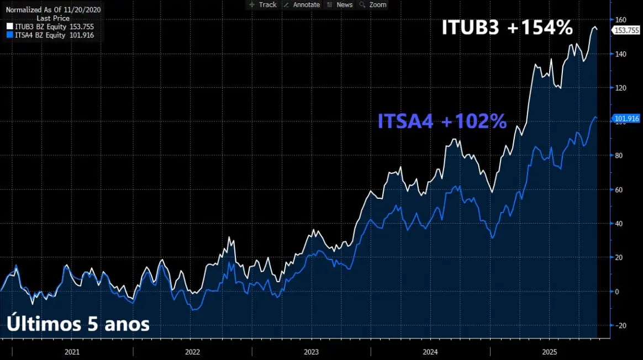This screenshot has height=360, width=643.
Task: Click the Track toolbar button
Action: pos(263,4)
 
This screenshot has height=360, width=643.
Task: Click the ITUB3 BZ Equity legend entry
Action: pos(50,26)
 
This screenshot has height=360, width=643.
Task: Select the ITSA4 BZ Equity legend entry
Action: pos(50,35)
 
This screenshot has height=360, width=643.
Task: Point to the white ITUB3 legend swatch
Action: pos(9,26)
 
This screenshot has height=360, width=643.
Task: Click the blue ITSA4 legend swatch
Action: pos(9,35)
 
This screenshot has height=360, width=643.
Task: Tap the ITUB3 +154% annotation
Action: pos(507,28)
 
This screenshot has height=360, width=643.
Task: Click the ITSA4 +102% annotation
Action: pos(442,121)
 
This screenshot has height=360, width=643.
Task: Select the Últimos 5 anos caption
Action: pos(78,324)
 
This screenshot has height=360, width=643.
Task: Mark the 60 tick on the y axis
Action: pos(619,190)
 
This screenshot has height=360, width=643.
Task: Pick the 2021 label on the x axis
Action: pos(72,352)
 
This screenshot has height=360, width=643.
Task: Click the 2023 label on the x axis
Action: pos(311,352)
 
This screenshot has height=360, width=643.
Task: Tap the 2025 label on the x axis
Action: pos(550,352)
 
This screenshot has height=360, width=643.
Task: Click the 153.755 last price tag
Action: pos(627,30)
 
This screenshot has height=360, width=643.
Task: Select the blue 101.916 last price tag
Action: pos(627,119)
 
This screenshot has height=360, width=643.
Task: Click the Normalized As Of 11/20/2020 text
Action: pos(53,10)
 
